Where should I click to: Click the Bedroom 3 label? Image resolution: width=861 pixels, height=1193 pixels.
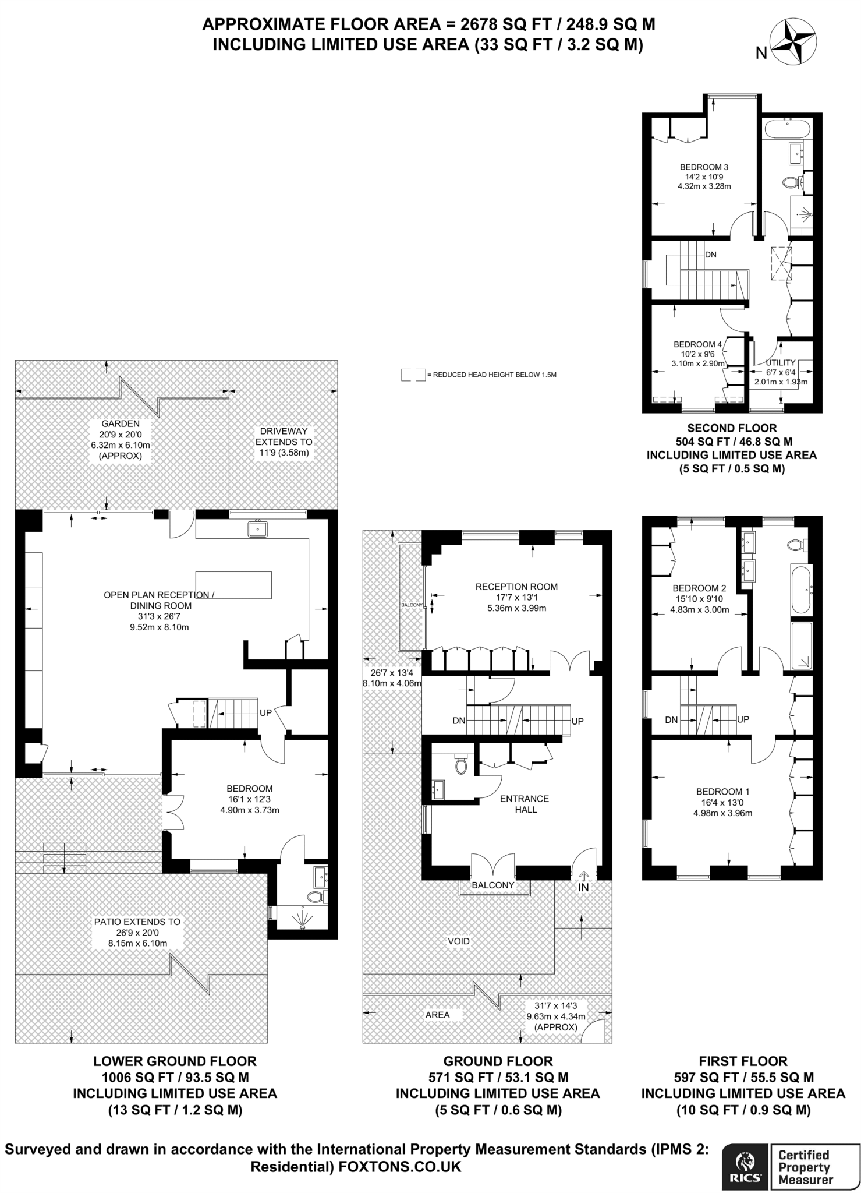click(x=704, y=167)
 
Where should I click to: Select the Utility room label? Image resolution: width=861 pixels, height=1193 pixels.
click(x=780, y=363)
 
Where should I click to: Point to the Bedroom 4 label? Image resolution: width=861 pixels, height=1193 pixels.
click(x=697, y=344)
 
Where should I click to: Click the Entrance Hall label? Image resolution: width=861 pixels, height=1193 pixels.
click(x=525, y=804)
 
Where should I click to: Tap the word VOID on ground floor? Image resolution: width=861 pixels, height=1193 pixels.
click(x=459, y=941)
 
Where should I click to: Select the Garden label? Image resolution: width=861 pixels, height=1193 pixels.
click(x=121, y=423)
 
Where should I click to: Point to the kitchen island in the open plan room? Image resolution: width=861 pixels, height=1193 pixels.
click(x=234, y=585)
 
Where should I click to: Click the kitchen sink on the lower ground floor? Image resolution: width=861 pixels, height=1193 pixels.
click(x=257, y=528)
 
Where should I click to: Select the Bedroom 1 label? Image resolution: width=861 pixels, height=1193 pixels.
click(x=722, y=792)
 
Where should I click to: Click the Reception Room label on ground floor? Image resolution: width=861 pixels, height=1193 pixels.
click(x=516, y=587)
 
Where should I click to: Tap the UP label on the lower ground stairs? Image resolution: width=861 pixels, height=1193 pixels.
click(x=265, y=712)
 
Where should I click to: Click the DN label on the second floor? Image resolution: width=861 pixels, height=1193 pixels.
click(x=710, y=255)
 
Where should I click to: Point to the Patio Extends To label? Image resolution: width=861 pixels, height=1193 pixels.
click(x=137, y=922)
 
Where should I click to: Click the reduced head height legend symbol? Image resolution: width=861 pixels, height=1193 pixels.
click(x=413, y=375)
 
